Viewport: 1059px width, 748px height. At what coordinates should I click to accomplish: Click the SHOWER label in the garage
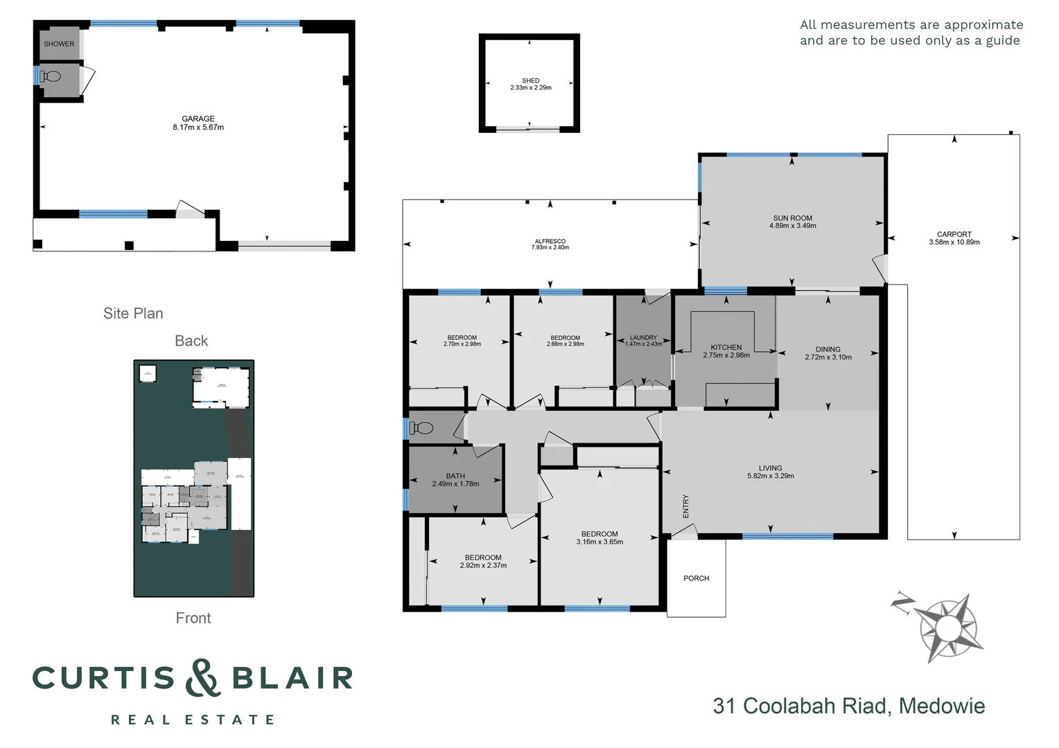(59, 44)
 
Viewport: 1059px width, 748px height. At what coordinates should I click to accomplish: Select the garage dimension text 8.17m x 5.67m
(198, 127)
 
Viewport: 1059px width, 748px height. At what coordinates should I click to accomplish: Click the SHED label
(531, 80)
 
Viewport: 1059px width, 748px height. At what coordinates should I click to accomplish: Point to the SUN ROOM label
(793, 217)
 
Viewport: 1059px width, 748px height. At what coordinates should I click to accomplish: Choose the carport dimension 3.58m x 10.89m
(954, 242)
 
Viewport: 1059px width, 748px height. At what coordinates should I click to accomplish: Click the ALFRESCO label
(550, 241)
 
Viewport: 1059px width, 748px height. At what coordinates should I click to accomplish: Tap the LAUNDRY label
(643, 337)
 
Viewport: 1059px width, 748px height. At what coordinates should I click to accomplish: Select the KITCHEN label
(726, 347)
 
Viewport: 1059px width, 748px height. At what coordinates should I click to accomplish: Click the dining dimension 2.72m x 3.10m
(828, 357)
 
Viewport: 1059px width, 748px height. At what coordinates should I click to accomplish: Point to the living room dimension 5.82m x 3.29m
(770, 476)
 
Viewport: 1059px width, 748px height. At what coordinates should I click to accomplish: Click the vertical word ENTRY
(686, 506)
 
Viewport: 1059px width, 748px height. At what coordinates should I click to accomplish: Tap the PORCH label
(697, 578)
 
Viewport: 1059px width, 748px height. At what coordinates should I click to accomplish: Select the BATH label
(455, 476)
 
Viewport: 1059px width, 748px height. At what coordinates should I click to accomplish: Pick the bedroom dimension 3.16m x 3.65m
(599, 542)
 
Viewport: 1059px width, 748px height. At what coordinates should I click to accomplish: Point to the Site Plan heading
(133, 313)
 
